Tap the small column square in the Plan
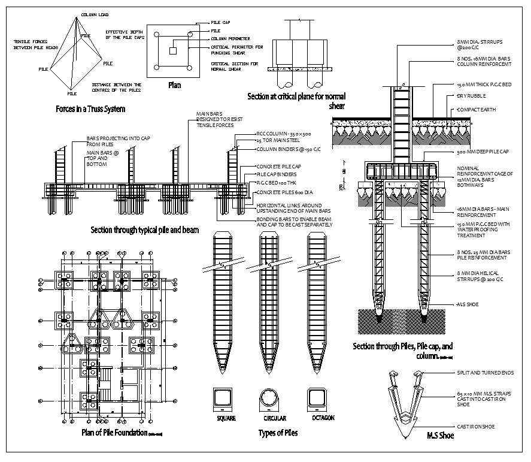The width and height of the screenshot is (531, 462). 172,52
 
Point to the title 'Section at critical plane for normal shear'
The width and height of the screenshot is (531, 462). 296,100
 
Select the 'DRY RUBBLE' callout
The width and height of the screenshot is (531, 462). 472,96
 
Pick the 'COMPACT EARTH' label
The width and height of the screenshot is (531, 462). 478,110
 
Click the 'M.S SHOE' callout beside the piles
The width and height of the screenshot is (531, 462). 468,304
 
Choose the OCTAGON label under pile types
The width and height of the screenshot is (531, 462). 323,418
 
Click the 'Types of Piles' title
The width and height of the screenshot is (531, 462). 278,432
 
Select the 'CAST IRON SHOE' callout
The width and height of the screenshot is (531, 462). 476,427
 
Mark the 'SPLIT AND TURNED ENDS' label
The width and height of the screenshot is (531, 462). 484,373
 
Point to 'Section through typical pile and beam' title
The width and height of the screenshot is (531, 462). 144,230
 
